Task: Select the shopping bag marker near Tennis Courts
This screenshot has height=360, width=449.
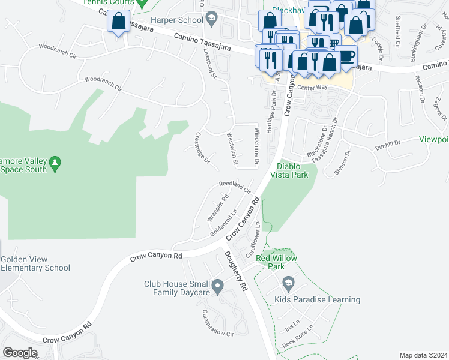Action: (x=119, y=22)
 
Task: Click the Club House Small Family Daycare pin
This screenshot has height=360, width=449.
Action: (x=218, y=286)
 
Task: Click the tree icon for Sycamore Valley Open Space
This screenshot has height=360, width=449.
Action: (x=55, y=163)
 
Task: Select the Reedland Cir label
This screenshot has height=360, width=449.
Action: (x=235, y=186)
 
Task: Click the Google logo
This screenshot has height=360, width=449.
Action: (x=19, y=352)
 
